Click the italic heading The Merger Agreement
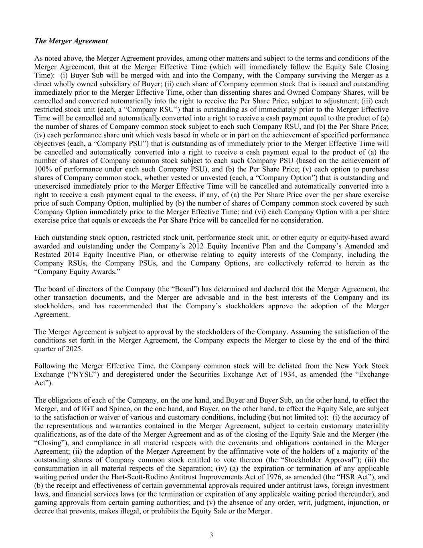(x=71, y=41)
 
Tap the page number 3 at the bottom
(x=211, y=535)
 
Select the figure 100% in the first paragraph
(x=43, y=169)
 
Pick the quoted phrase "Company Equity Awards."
(x=66, y=272)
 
